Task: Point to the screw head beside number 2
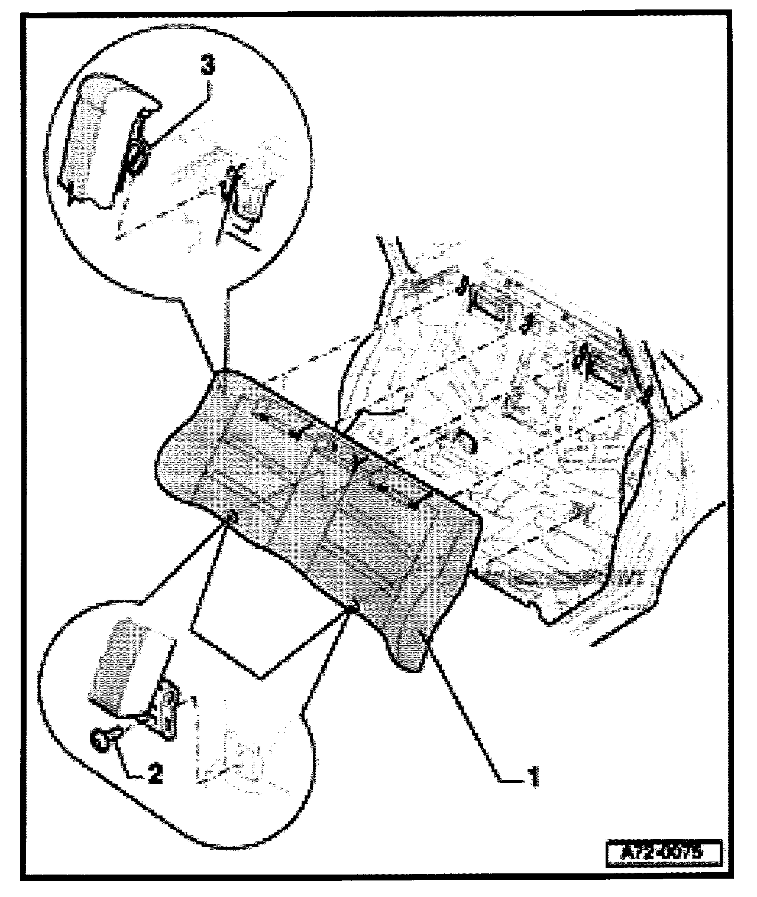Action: (102, 739)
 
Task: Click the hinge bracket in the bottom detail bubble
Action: (166, 709)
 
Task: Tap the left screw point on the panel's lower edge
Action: (232, 518)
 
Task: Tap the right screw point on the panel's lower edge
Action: (355, 606)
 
